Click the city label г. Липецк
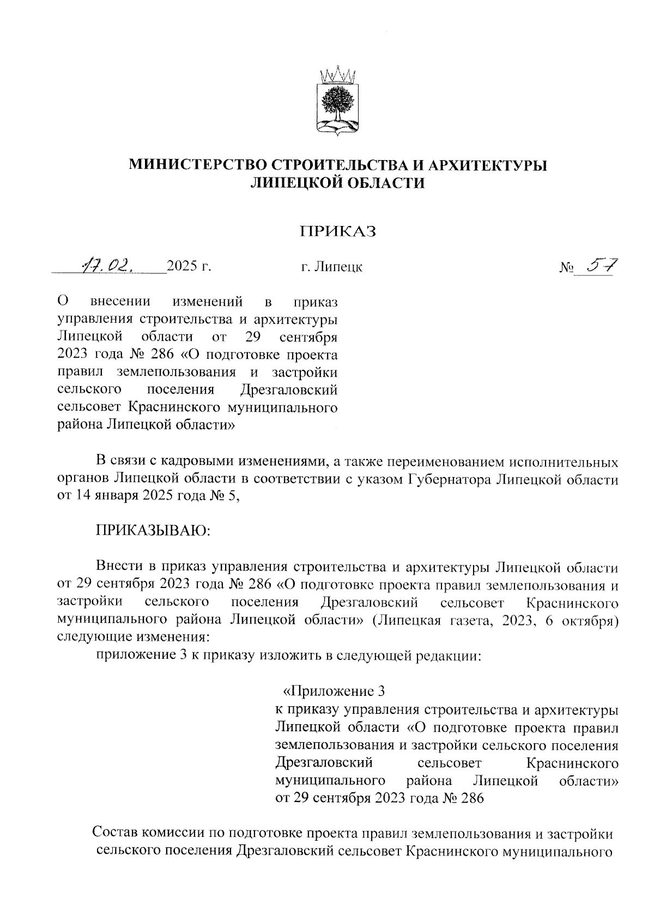coord(331,267)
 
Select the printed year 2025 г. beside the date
coord(189,266)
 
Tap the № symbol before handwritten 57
coord(567,268)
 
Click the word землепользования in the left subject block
coord(177,372)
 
